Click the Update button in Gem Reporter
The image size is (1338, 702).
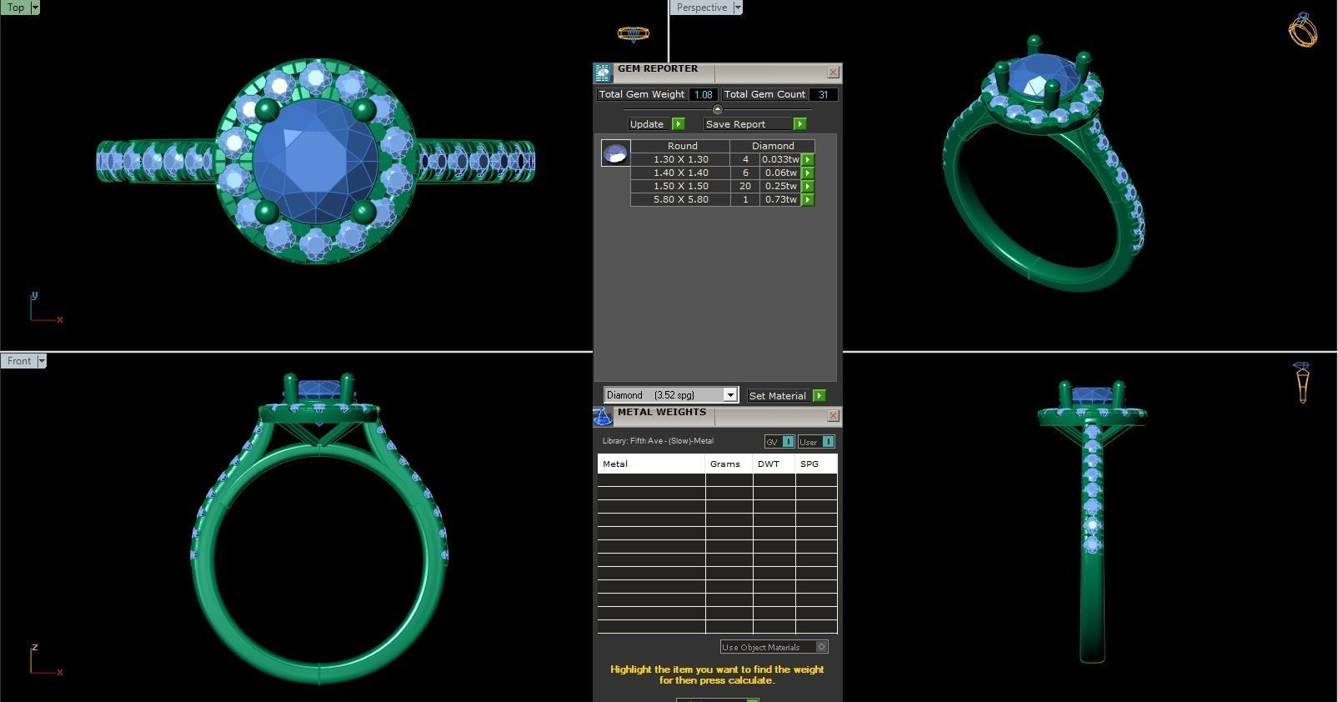click(648, 124)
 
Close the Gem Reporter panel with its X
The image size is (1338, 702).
click(833, 73)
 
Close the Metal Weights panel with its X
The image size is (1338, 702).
click(833, 415)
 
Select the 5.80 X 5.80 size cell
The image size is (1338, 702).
click(680, 199)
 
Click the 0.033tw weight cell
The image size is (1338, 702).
click(779, 159)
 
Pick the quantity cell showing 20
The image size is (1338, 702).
click(744, 186)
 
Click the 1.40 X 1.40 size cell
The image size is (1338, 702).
click(680, 173)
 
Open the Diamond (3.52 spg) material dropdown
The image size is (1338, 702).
click(729, 395)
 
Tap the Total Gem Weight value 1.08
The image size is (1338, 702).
click(703, 95)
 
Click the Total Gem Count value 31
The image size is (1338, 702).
click(823, 95)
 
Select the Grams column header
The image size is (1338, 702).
click(724, 464)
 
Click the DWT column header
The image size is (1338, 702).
click(769, 464)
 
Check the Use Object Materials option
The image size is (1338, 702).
click(821, 647)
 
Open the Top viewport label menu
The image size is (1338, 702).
click(35, 8)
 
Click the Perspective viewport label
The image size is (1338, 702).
click(701, 8)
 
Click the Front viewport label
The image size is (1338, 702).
click(19, 361)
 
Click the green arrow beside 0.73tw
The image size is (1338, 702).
click(808, 199)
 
